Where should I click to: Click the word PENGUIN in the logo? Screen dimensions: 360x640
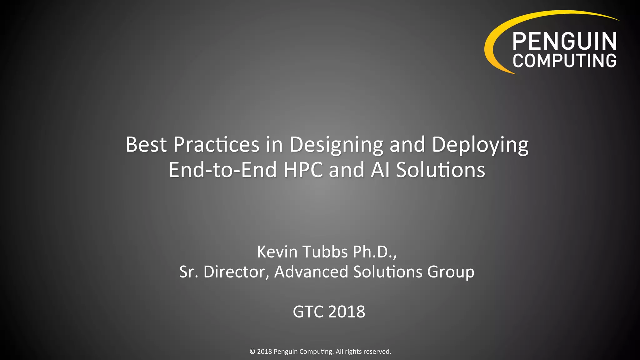pos(564,41)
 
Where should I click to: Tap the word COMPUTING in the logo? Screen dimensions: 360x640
pos(564,61)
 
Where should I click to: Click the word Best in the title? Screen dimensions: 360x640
pos(146,144)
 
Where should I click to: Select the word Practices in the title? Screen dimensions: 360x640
pos(216,144)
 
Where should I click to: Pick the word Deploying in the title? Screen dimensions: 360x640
pos(480,145)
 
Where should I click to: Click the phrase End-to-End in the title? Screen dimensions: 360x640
pos(223,170)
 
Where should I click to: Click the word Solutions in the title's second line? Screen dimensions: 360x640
pos(441,170)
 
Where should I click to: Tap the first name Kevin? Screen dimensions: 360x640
pos(277,252)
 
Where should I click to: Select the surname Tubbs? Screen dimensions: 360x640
pos(325,252)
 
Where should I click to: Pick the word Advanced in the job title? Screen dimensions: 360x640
pos(311,272)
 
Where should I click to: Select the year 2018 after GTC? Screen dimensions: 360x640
pos(347,312)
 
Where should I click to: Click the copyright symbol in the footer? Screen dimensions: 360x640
pos(252,352)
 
